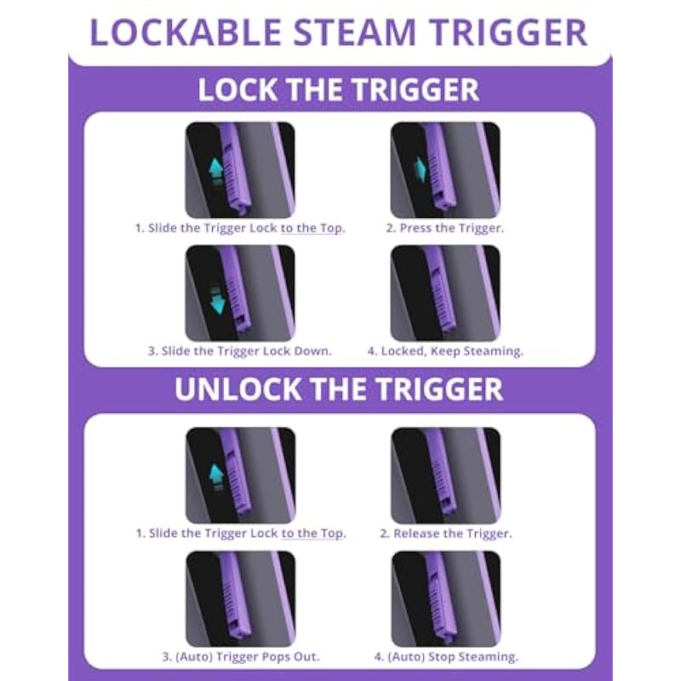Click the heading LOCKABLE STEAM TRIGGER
tap(338, 32)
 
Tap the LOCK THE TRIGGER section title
tap(338, 90)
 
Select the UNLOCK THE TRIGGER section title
tap(339, 389)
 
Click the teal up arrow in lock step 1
tap(216, 172)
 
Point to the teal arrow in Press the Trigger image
tap(420, 169)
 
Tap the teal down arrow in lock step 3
tap(217, 300)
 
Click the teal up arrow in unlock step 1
tap(216, 477)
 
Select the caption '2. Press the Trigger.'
tap(445, 228)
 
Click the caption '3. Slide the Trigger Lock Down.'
tap(240, 351)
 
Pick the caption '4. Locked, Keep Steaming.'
tap(445, 352)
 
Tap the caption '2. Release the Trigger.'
tap(446, 534)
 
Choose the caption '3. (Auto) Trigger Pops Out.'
tap(241, 656)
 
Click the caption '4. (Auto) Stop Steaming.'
tap(446, 656)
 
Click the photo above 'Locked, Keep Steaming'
tap(445, 293)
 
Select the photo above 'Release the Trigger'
tap(445, 476)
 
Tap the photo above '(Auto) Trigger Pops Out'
tap(241, 599)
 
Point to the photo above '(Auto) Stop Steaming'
tap(446, 599)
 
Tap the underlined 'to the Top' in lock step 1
tap(312, 228)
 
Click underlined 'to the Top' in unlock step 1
tap(313, 534)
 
